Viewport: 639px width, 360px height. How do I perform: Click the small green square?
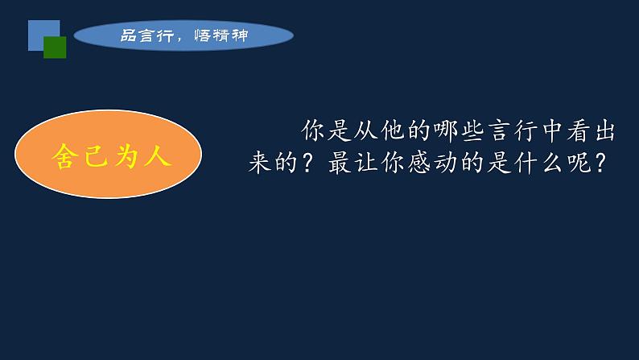pyautogui.click(x=55, y=48)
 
